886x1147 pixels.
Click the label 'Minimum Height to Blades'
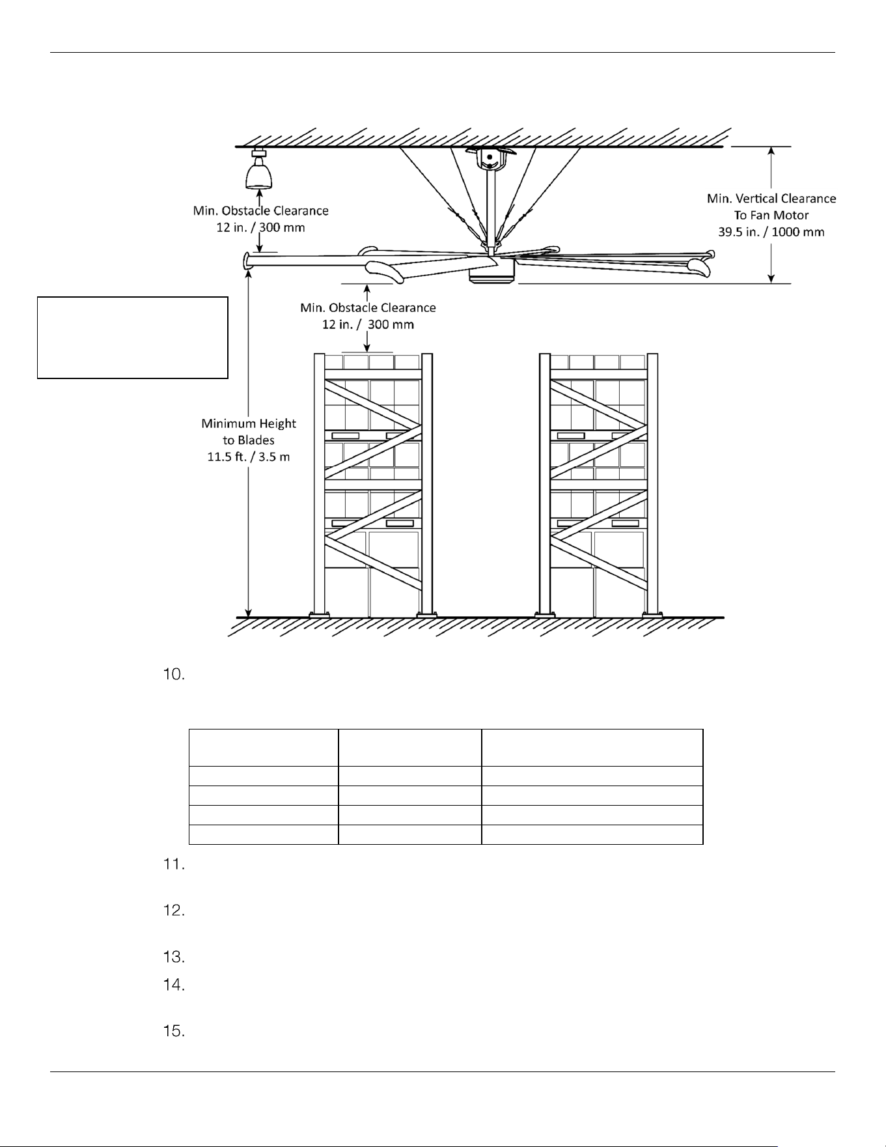(x=249, y=432)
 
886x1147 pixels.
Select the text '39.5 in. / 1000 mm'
(x=771, y=232)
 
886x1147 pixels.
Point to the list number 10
(x=174, y=674)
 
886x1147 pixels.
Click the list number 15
(x=174, y=1032)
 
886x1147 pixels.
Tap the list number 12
(x=174, y=911)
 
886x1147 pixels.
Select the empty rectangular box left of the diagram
(x=133, y=337)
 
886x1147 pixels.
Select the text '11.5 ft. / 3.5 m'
(x=249, y=457)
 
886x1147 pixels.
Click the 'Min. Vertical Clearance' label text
(x=771, y=198)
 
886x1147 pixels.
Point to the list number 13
(x=174, y=957)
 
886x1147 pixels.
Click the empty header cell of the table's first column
(x=264, y=748)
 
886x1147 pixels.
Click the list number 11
(x=174, y=865)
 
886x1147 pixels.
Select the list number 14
(x=174, y=985)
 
